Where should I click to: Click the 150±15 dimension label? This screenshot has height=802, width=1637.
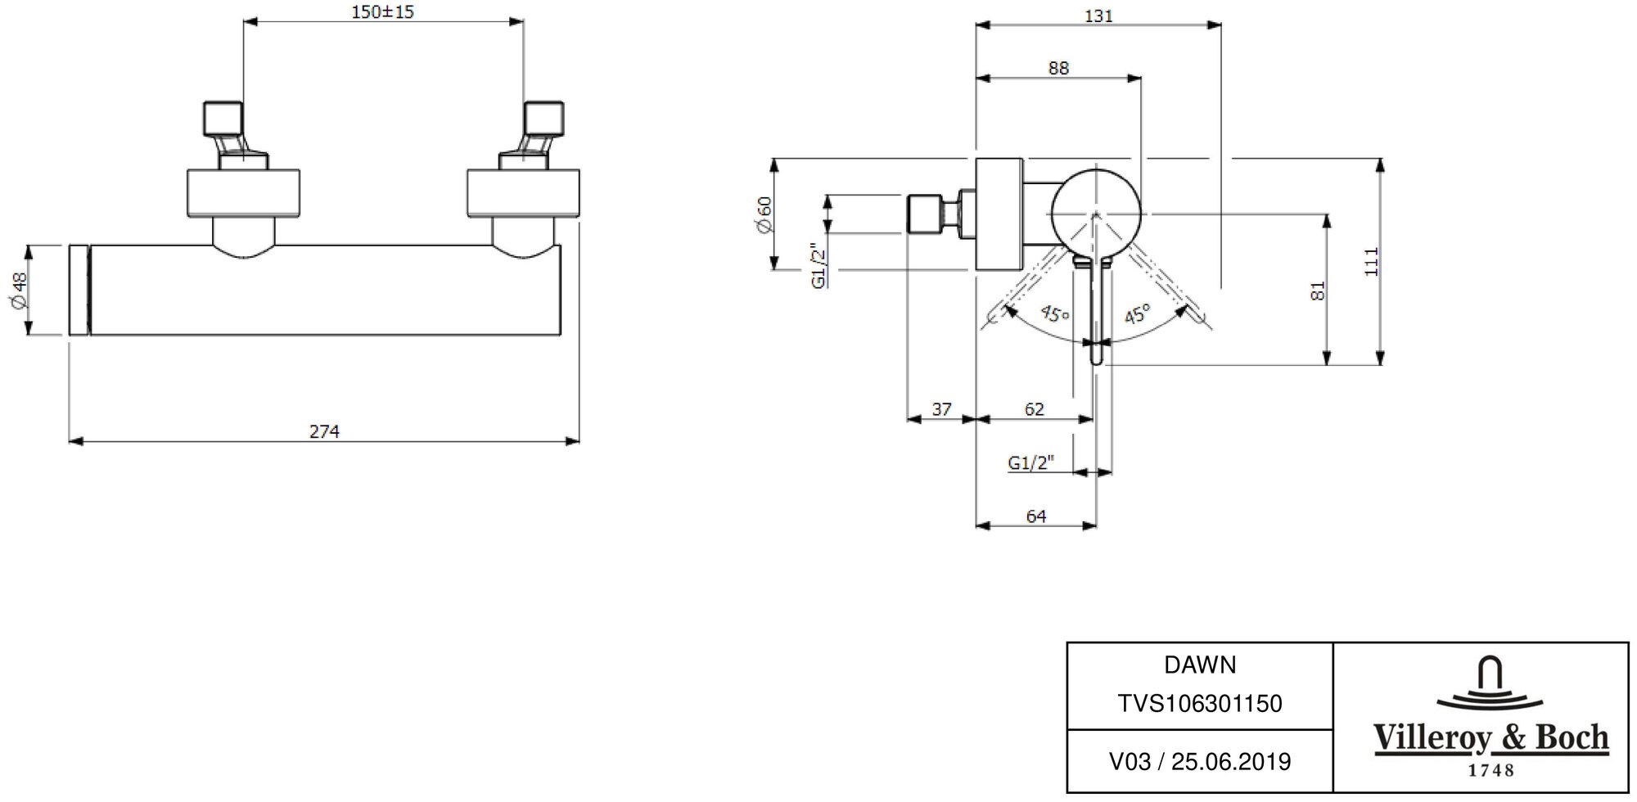click(x=381, y=11)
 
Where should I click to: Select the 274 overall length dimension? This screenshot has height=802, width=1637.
click(x=324, y=431)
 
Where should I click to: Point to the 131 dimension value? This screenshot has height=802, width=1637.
click(x=1098, y=16)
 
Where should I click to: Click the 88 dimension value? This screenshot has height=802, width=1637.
click(x=1058, y=68)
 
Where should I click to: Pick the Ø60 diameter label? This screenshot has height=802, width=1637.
click(x=764, y=215)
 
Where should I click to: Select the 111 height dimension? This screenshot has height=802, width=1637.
click(x=1372, y=261)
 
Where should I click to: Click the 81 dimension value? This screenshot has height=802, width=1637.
click(x=1317, y=291)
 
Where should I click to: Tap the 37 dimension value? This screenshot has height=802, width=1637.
click(x=942, y=408)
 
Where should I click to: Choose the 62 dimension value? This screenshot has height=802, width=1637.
click(x=1035, y=408)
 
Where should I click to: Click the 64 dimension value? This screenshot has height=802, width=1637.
click(x=1036, y=516)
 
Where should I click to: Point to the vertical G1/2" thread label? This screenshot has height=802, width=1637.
click(x=817, y=265)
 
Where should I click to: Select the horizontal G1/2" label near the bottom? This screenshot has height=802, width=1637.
click(x=1030, y=463)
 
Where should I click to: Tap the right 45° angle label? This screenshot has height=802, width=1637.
click(x=1137, y=313)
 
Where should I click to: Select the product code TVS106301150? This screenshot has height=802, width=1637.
click(x=1200, y=704)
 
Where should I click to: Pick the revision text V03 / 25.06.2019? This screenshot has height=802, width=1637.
click(x=1200, y=762)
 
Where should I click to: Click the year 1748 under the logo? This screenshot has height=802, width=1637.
click(x=1491, y=770)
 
